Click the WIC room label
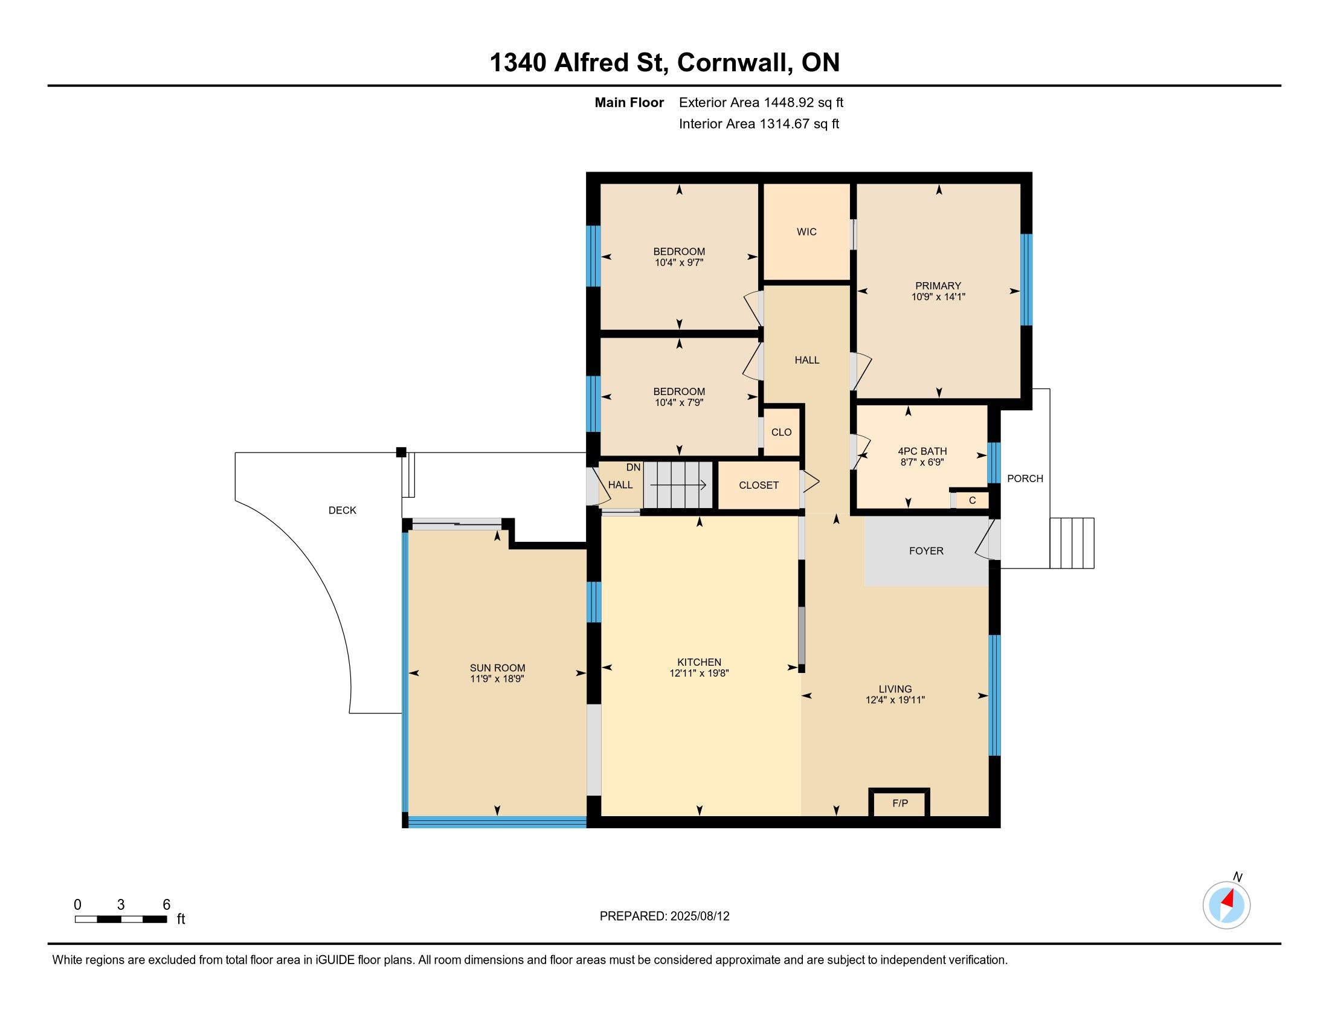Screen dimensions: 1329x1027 (806, 232)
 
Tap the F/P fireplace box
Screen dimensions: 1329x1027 (899, 803)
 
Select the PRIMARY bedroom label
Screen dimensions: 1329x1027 (938, 286)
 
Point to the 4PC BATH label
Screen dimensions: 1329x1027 (922, 451)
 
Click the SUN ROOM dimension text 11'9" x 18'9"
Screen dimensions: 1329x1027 (497, 679)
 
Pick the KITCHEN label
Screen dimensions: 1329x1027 (699, 662)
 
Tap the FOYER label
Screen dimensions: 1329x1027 (926, 550)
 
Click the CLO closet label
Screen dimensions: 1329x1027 (781, 432)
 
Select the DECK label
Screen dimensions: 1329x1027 (342, 510)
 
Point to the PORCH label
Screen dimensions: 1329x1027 (1025, 479)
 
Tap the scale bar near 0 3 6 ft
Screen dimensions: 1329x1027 (121, 919)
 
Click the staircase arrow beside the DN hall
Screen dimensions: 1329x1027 (678, 485)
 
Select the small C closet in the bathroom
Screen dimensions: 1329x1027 (972, 500)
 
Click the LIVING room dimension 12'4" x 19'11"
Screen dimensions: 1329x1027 (895, 700)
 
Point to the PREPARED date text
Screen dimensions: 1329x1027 (664, 916)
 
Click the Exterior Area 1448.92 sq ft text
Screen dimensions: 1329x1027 (761, 102)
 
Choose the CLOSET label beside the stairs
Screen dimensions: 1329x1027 (759, 485)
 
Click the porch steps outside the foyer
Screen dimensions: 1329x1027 (1072, 543)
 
